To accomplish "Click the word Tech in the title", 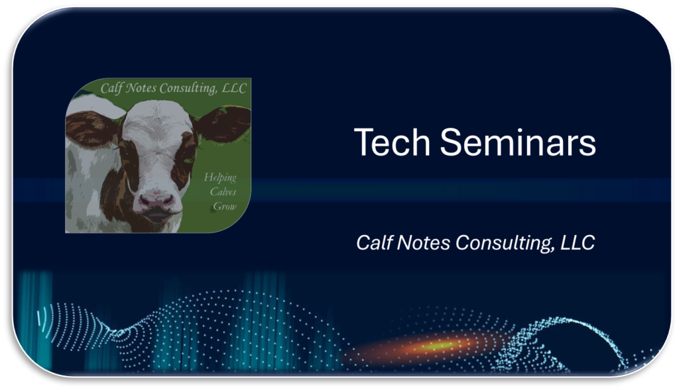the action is (392, 142).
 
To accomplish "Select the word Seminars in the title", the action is (518, 142).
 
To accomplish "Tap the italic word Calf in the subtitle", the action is (374, 242).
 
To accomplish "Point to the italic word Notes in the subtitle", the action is (423, 242).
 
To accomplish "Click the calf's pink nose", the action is (156, 200).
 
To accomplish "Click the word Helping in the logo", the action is (220, 177).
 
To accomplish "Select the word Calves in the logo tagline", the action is (223, 191).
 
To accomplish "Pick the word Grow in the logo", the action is (225, 206).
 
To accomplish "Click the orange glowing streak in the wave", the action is (438, 345).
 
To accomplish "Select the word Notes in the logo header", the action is (141, 89).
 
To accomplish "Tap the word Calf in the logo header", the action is (111, 89).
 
